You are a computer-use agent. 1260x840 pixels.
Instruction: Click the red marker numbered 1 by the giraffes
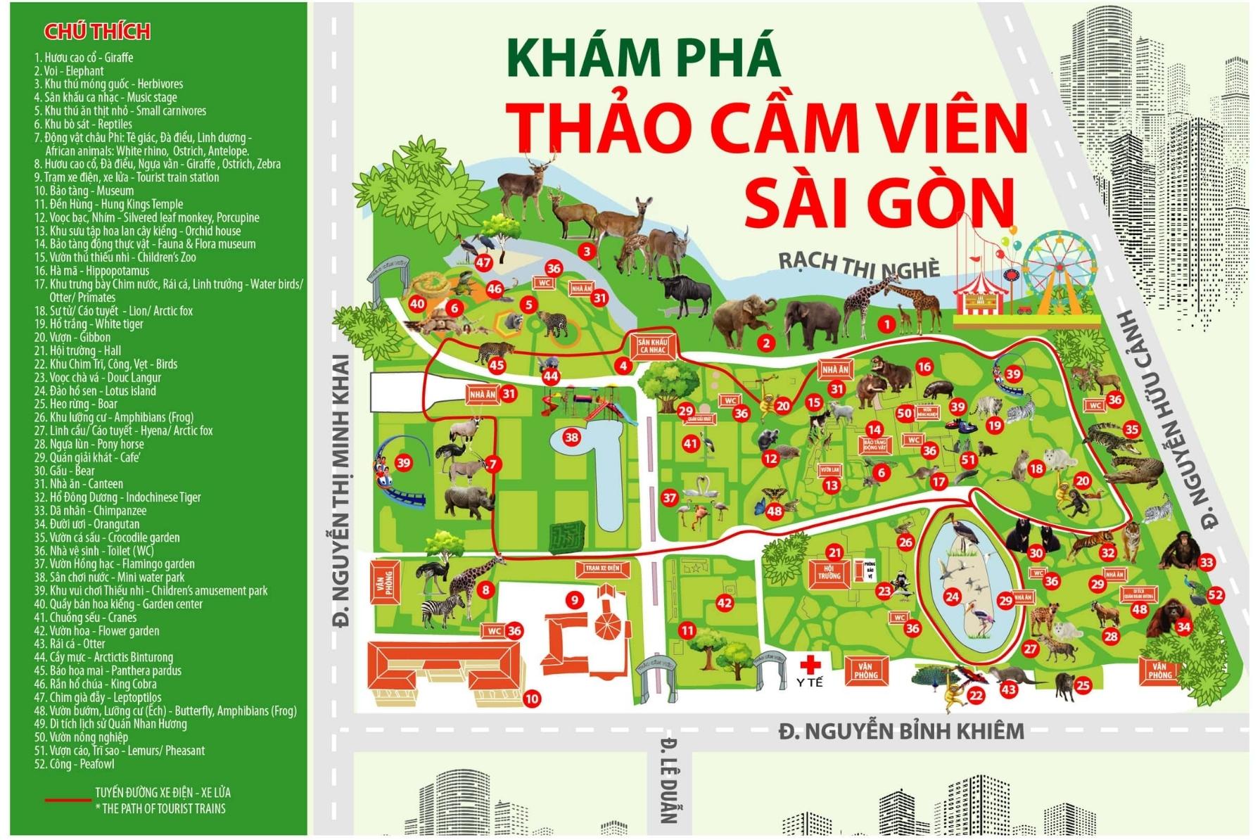(886, 324)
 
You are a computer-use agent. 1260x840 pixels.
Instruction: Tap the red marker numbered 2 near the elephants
(766, 343)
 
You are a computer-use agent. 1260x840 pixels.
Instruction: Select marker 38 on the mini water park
(571, 438)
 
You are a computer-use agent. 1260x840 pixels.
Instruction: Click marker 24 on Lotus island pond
(952, 597)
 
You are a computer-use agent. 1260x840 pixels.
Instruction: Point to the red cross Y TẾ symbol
(810, 664)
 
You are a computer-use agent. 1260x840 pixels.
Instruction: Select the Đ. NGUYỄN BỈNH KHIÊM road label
(901, 732)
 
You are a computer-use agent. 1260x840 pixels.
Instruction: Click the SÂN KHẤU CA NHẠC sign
(651, 345)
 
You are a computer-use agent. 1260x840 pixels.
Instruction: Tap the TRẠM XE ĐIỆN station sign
(602, 568)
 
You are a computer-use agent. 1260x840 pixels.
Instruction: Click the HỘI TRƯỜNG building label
(829, 571)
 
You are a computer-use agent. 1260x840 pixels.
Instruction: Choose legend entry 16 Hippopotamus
(91, 271)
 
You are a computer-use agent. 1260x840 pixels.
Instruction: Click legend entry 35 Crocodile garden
(107, 537)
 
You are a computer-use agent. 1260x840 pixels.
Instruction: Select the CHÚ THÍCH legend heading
(97, 32)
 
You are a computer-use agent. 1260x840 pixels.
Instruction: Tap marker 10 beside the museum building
(531, 699)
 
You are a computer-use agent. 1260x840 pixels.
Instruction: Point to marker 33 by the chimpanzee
(1207, 562)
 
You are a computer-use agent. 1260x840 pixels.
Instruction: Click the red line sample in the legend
(68, 800)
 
